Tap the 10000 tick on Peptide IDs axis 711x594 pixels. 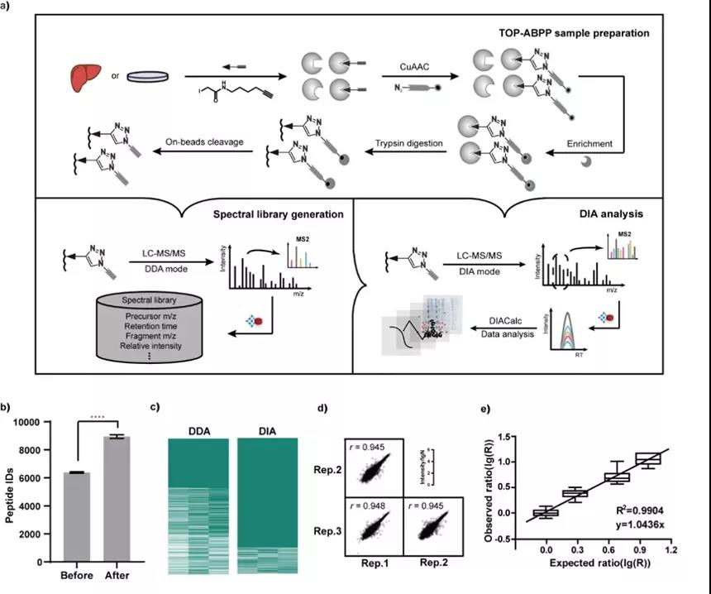click(x=25, y=421)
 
